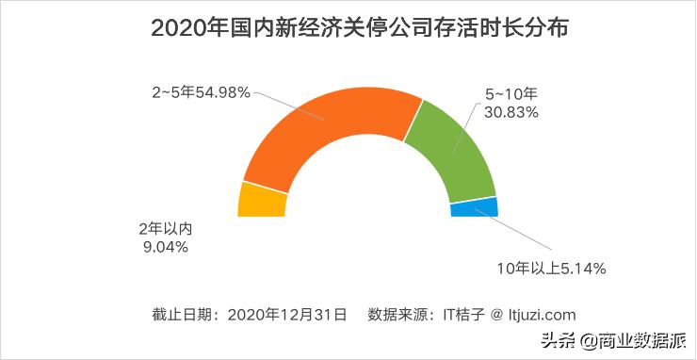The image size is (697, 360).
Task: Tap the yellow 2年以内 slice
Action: (x=261, y=201)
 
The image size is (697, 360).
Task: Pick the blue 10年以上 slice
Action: (x=474, y=206)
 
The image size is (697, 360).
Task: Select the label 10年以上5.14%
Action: (x=551, y=269)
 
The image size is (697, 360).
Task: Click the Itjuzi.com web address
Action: (x=533, y=314)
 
